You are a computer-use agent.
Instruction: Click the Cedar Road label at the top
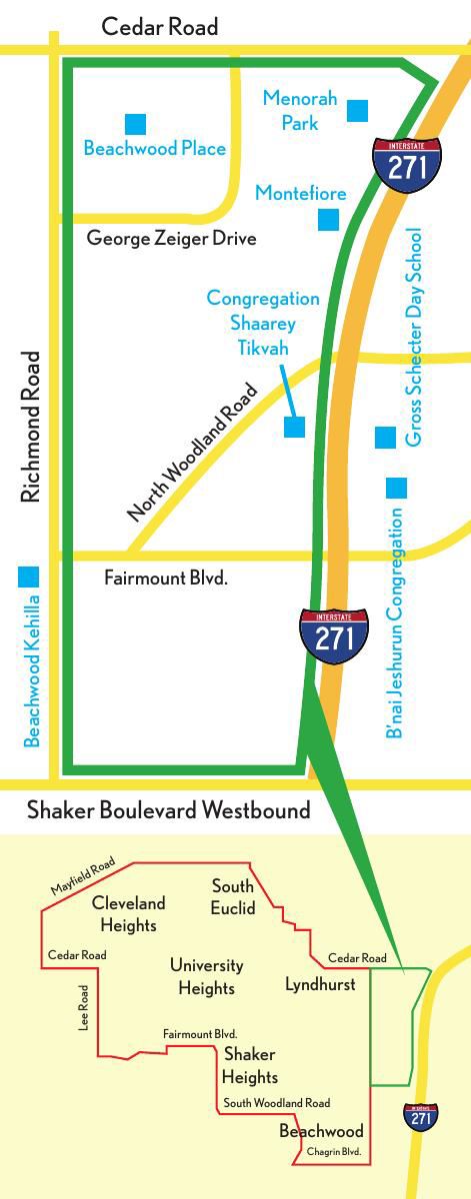pyautogui.click(x=160, y=27)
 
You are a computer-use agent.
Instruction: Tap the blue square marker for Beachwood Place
pyautogui.click(x=135, y=124)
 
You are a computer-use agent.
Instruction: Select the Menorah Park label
pyautogui.click(x=300, y=111)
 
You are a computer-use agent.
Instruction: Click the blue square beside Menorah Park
pyautogui.click(x=357, y=110)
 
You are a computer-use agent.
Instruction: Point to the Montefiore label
pyautogui.click(x=301, y=193)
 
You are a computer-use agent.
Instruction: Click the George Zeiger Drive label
pyautogui.click(x=172, y=239)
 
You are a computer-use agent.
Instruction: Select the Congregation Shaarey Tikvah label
pyautogui.click(x=263, y=323)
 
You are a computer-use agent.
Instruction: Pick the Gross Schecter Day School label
pyautogui.click(x=414, y=337)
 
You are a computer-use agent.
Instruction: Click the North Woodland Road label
pyautogui.click(x=193, y=453)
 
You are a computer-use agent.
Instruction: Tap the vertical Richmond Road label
pyautogui.click(x=31, y=426)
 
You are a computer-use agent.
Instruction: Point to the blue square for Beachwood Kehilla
pyautogui.click(x=28, y=577)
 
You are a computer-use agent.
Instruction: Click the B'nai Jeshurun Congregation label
pyautogui.click(x=396, y=624)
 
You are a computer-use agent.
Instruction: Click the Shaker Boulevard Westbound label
pyautogui.click(x=169, y=810)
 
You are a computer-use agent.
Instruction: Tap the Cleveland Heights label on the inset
pyautogui.click(x=129, y=914)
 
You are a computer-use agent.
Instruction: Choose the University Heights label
pyautogui.click(x=207, y=977)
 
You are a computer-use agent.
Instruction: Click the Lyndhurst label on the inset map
pyautogui.click(x=320, y=984)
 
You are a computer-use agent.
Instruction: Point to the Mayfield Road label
pyautogui.click(x=83, y=876)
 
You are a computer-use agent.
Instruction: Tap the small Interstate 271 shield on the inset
pyautogui.click(x=421, y=1117)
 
